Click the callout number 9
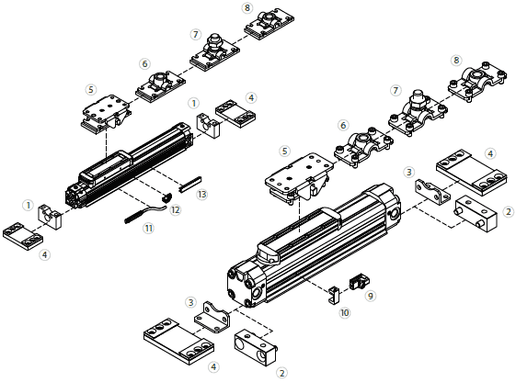point(371,296)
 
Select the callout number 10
point(345,313)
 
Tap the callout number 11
point(147,229)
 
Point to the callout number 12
point(176,209)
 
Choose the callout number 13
point(202,194)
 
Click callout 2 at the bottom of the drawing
point(281,373)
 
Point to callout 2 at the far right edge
point(509,212)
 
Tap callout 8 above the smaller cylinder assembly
point(247,7)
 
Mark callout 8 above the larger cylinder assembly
point(456,60)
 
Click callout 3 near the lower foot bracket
point(190,302)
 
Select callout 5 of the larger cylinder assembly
point(285,151)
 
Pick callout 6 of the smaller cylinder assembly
point(144,64)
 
